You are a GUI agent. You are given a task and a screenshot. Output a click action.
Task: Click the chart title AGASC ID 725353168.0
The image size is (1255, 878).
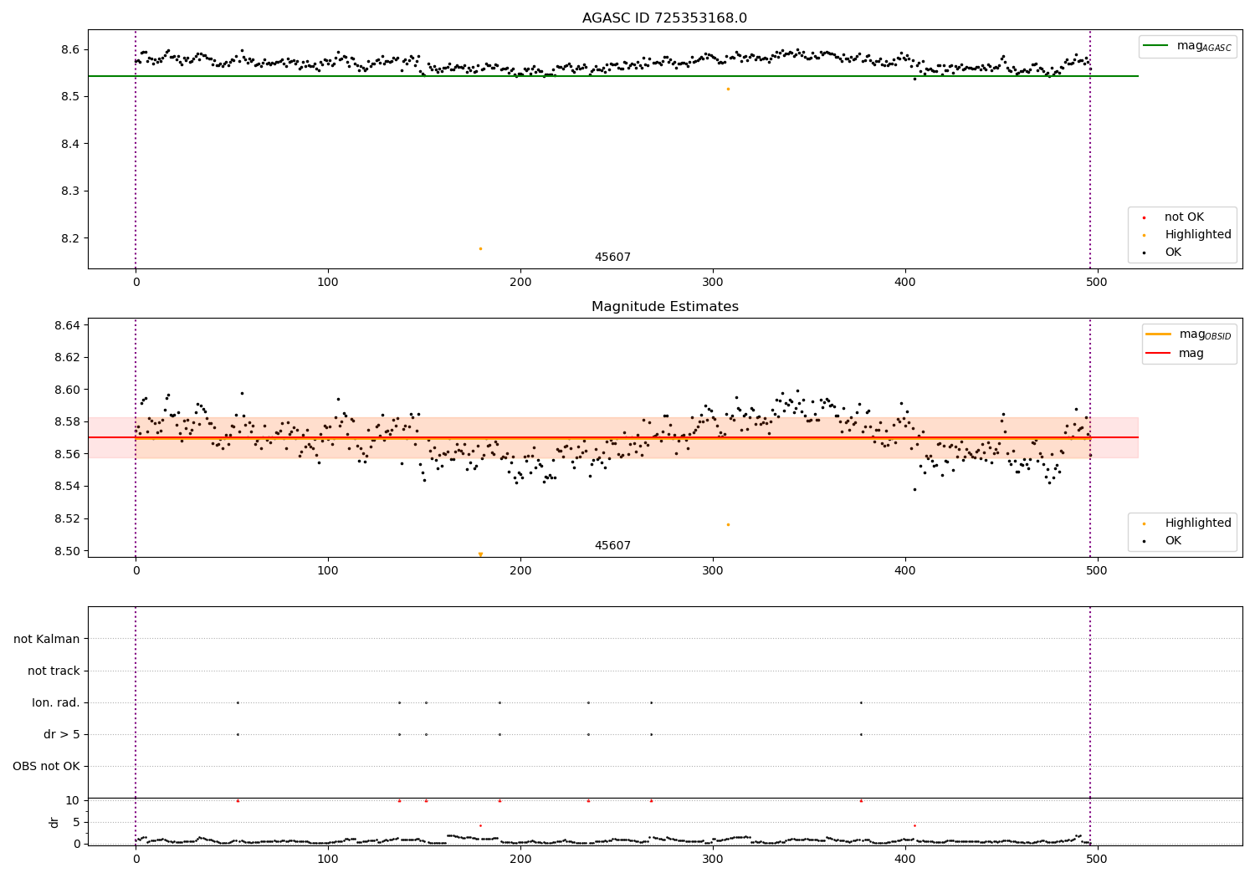(664, 18)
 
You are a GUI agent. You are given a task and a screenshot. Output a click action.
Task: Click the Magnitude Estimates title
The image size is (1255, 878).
(664, 307)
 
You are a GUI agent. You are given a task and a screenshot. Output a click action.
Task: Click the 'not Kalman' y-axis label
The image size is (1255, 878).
(47, 639)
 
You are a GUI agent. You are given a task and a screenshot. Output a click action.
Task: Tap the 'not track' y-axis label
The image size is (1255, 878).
(54, 671)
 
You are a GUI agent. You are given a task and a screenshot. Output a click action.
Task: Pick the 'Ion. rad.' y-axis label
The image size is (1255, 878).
(56, 702)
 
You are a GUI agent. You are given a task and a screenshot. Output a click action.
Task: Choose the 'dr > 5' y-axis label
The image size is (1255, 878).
(62, 734)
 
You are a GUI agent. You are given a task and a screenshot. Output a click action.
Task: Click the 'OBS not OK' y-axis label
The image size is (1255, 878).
(46, 766)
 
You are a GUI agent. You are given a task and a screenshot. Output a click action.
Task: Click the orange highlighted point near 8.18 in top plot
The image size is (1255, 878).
(480, 248)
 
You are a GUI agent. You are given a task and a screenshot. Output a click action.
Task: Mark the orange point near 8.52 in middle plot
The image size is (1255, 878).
(728, 524)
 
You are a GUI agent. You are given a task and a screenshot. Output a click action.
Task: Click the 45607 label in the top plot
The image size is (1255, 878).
(612, 258)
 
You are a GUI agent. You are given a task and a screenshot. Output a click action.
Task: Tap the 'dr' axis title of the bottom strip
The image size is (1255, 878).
(54, 822)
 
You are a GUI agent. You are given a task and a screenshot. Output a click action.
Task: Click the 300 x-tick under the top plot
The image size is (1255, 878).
(713, 283)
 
